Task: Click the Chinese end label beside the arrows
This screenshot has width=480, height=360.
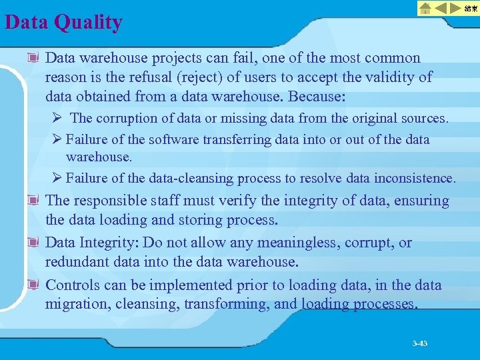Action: [x=471, y=8]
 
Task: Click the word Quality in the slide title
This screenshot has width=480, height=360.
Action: [x=89, y=23]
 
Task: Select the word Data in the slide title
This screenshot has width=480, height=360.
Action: [x=27, y=23]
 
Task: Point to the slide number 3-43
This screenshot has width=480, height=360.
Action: [x=420, y=343]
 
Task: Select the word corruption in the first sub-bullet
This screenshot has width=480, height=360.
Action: [x=127, y=118]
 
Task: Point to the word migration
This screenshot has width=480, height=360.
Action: [x=74, y=304]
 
